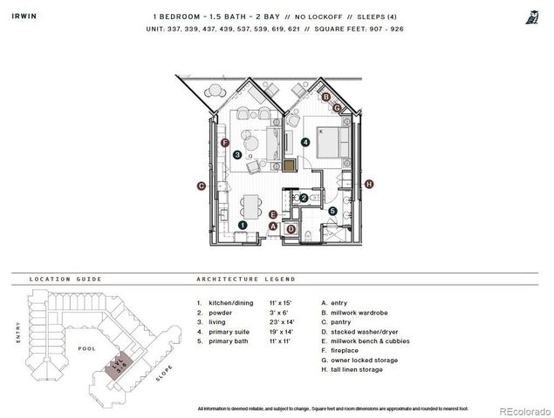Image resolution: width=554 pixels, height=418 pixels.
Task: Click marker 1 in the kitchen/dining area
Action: point(243,225)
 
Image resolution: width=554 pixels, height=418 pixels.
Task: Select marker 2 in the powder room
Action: point(304,198)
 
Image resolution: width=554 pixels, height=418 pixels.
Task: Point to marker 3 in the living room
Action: point(237,155)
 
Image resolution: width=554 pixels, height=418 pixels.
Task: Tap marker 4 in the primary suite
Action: point(305,142)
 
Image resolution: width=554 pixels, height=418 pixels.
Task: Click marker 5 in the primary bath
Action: point(332,211)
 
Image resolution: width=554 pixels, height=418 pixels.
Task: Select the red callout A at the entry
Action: point(272,226)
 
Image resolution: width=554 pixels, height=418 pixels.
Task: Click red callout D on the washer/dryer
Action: point(291,229)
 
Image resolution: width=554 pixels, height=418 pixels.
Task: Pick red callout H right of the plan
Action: point(369,184)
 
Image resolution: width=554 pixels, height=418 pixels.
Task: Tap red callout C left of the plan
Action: point(201,185)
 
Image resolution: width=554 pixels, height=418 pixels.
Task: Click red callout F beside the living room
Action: point(225,142)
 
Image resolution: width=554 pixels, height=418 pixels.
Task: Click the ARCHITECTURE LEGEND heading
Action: point(246,280)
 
